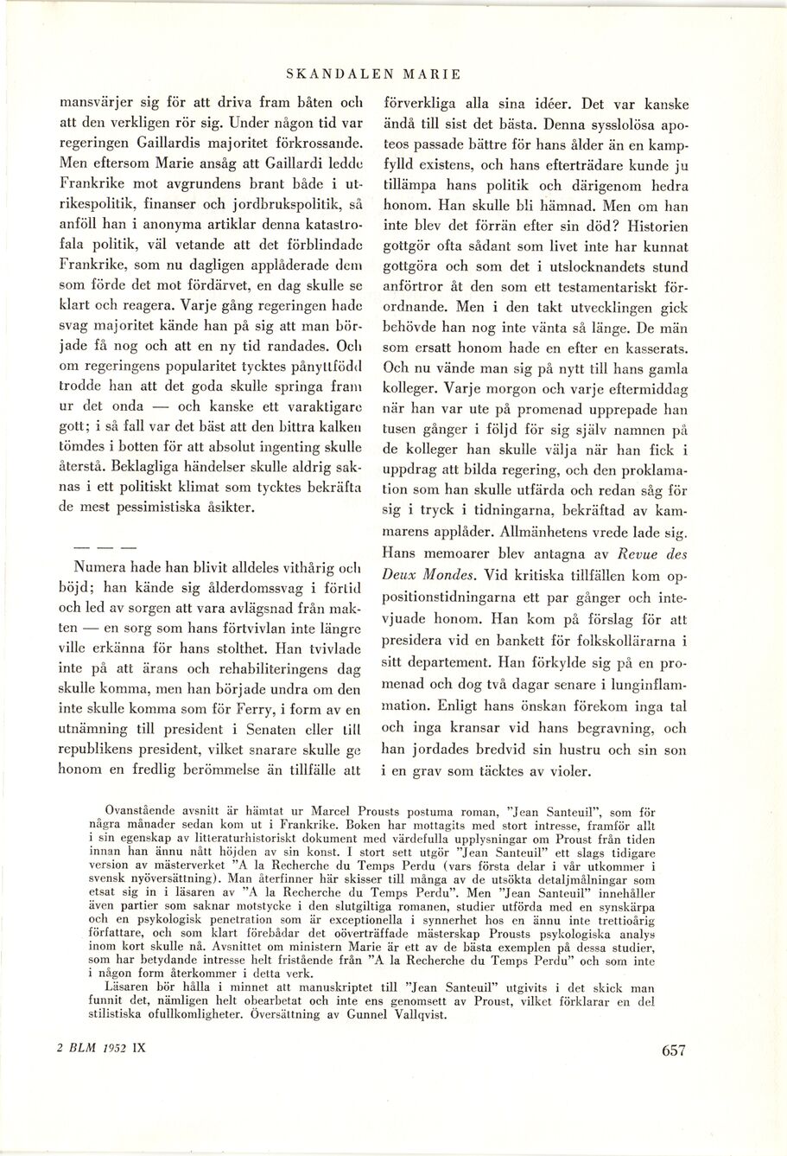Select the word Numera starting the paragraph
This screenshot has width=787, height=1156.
click(103, 571)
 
